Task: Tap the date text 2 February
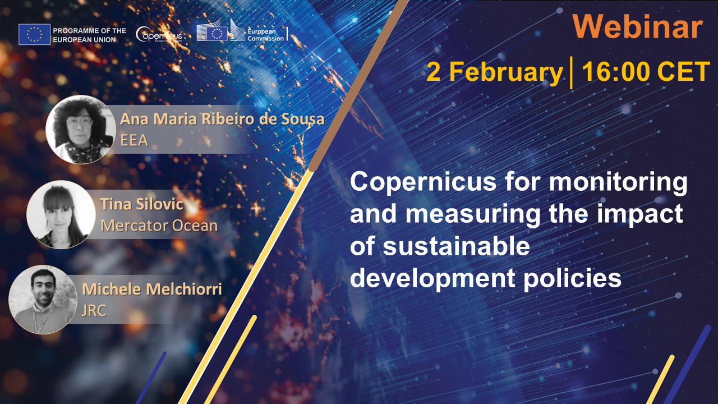[495, 72]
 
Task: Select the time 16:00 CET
[646, 72]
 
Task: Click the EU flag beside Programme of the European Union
[34, 34]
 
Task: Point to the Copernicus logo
[159, 35]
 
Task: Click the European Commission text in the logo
[265, 35]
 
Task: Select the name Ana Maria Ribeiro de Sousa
[222, 118]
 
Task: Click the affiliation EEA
[134, 140]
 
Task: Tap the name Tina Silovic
[142, 204]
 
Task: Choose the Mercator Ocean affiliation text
[159, 226]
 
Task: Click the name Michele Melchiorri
[152, 289]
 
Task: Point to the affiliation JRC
[94, 310]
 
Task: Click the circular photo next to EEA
[80, 130]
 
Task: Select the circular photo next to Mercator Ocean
[61, 214]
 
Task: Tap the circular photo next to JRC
[43, 300]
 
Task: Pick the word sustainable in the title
[456, 246]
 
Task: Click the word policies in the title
[573, 278]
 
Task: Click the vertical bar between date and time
[572, 72]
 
